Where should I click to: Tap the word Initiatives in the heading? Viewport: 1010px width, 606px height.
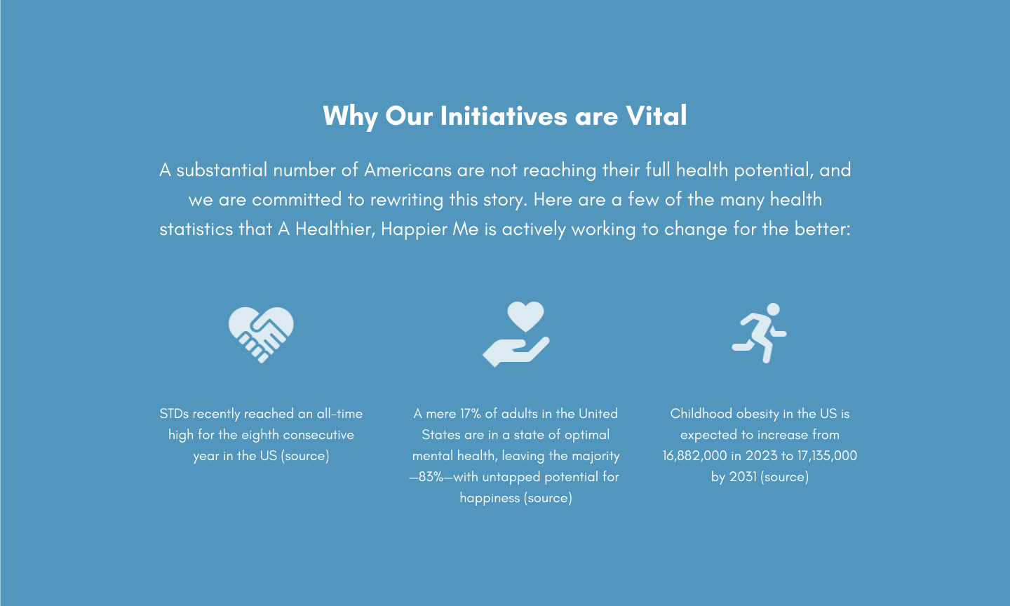(x=504, y=116)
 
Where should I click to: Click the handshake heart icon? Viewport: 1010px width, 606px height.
(x=261, y=335)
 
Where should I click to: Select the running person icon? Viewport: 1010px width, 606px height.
(x=760, y=333)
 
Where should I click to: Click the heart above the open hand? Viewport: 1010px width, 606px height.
(x=525, y=316)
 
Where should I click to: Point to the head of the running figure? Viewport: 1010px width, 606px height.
(x=773, y=309)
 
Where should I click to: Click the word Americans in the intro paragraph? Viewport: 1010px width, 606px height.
(x=408, y=170)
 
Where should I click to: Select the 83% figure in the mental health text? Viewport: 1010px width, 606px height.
(x=431, y=477)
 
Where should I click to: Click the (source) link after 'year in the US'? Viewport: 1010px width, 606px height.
(x=305, y=456)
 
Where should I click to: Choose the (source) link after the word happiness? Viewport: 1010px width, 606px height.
(x=548, y=498)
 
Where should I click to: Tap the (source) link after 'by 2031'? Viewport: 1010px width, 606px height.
(x=785, y=477)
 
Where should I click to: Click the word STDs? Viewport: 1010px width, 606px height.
(x=174, y=414)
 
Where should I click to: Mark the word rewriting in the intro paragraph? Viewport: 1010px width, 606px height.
(x=407, y=200)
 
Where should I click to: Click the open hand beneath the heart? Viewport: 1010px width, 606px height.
(x=516, y=352)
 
